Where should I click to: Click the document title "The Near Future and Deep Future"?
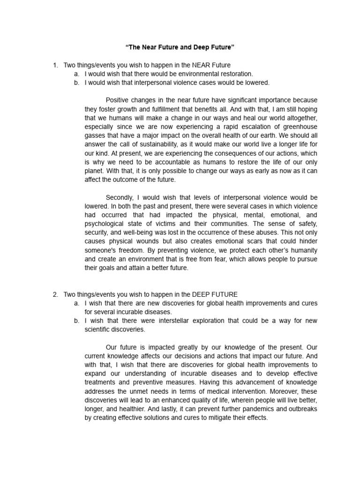pos(180,48)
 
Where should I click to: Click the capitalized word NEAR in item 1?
pos(198,65)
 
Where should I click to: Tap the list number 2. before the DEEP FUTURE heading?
pos(55,294)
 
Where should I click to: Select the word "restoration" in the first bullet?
pos(235,74)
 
